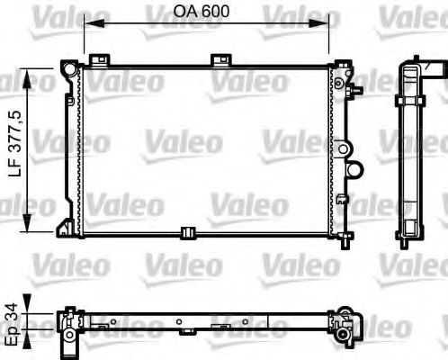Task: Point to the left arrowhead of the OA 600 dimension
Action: (86, 26)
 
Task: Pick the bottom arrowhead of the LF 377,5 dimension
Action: (34, 224)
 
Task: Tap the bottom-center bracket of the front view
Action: (189, 233)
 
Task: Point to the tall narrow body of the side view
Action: (409, 153)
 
